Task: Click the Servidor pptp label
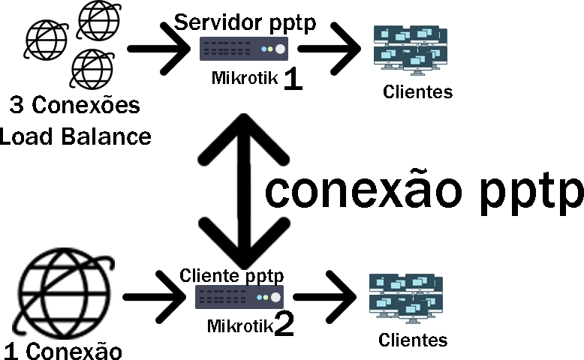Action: (245, 22)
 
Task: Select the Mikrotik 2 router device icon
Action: (239, 297)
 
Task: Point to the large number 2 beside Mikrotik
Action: (284, 324)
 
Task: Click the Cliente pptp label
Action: (231, 275)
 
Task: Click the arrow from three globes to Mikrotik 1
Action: (158, 49)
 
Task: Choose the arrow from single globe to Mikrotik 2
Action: (154, 298)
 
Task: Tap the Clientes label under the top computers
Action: (418, 92)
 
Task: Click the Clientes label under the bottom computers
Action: (413, 340)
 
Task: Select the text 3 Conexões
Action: (75, 106)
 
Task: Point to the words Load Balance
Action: (75, 136)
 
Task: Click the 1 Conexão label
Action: (63, 349)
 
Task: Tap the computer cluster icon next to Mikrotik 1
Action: (411, 49)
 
